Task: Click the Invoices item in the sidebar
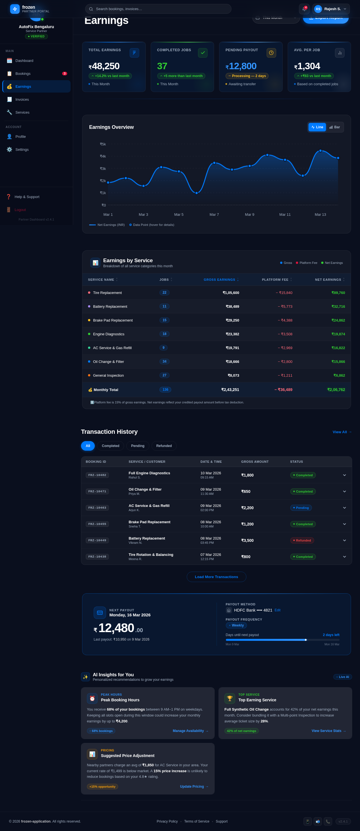click(22, 99)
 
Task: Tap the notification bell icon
click(304, 9)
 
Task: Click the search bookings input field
click(158, 9)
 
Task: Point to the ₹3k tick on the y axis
click(103, 169)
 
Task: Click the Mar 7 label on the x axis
click(214, 215)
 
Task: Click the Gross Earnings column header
click(219, 280)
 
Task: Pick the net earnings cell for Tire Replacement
click(338, 293)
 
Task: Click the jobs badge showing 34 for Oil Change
click(164, 361)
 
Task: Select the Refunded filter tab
click(164, 446)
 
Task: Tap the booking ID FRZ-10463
click(97, 508)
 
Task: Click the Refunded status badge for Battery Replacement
click(302, 540)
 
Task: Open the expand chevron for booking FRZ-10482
click(344, 475)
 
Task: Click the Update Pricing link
click(194, 787)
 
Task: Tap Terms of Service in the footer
click(196, 821)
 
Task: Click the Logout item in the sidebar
click(20, 210)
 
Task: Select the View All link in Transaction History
click(342, 432)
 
